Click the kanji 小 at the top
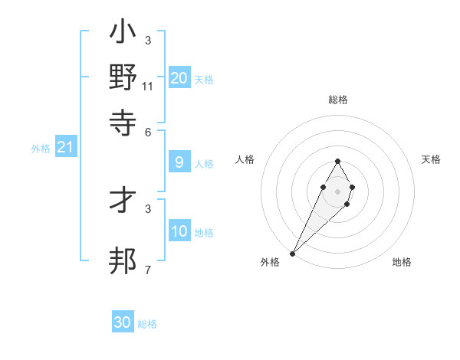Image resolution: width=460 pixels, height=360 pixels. click(123, 34)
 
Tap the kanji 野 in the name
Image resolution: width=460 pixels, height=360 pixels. click(123, 77)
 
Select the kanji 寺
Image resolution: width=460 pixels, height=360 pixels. click(123, 121)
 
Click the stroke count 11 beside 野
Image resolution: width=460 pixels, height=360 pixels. click(148, 87)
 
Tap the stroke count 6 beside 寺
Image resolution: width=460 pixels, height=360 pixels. click(148, 131)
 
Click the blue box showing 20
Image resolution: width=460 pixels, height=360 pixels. click(179, 78)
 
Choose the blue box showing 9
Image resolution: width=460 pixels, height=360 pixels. click(179, 162)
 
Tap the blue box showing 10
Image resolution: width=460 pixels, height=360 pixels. click(179, 231)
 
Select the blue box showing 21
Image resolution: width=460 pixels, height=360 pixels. click(65, 147)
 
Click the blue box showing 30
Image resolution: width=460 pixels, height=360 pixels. click(123, 322)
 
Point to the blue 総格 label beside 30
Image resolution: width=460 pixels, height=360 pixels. click(147, 324)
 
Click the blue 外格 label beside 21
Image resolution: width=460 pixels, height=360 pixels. click(40, 149)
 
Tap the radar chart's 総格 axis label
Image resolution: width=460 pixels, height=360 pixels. click(337, 100)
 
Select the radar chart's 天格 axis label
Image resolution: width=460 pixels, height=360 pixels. click(431, 159)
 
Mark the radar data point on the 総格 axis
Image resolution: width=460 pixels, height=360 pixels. click(337, 161)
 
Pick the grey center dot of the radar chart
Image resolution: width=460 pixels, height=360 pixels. click(337, 191)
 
